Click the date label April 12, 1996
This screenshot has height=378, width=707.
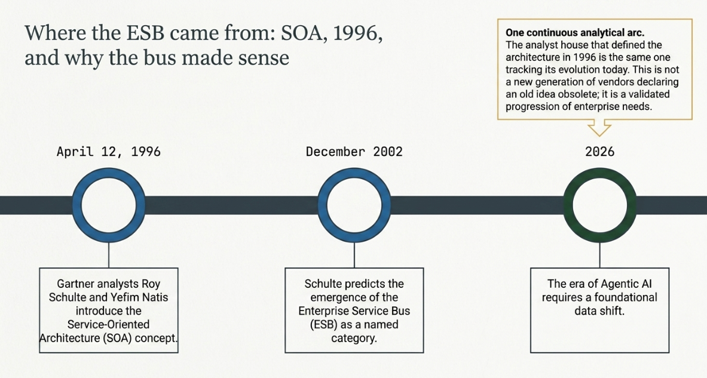pos(109,152)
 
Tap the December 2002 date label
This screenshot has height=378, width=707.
pos(354,152)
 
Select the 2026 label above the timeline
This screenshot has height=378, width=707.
pos(599,152)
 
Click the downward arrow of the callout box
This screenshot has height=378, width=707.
pos(599,128)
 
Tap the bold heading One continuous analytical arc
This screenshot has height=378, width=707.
pos(575,32)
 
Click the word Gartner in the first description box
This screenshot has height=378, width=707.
pos(76,284)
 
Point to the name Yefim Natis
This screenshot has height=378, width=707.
pos(140,297)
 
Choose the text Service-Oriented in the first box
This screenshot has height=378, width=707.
pos(108,324)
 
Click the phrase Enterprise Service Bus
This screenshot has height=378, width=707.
pos(354,311)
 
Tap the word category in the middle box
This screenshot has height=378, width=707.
pos(354,339)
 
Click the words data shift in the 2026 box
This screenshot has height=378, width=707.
pos(599,311)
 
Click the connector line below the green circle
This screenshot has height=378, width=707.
pos(599,256)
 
